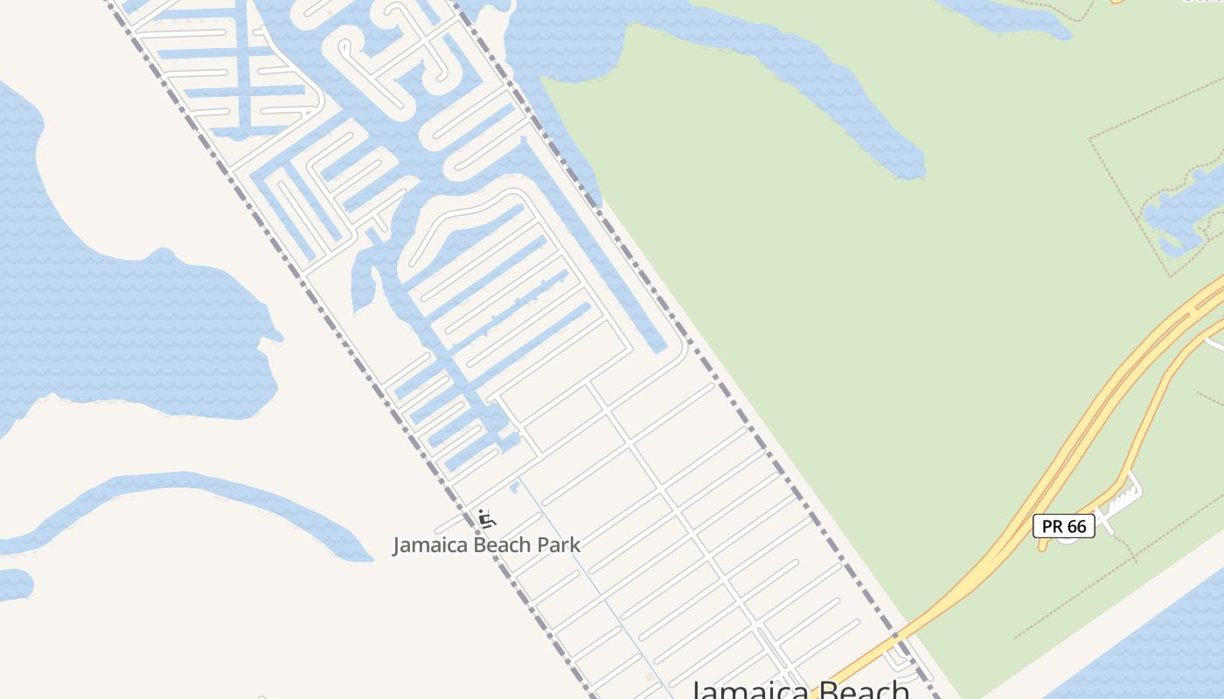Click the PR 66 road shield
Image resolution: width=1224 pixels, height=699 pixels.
[x=1063, y=526]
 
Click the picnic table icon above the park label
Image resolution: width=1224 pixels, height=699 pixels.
[x=487, y=519]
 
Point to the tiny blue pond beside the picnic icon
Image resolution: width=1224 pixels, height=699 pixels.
[x=515, y=485]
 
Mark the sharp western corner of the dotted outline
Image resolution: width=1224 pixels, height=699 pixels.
[x=1089, y=138]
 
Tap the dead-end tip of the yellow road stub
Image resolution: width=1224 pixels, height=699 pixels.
[x=1042, y=547]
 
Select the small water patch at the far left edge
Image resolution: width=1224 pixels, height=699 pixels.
[x=14, y=584]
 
